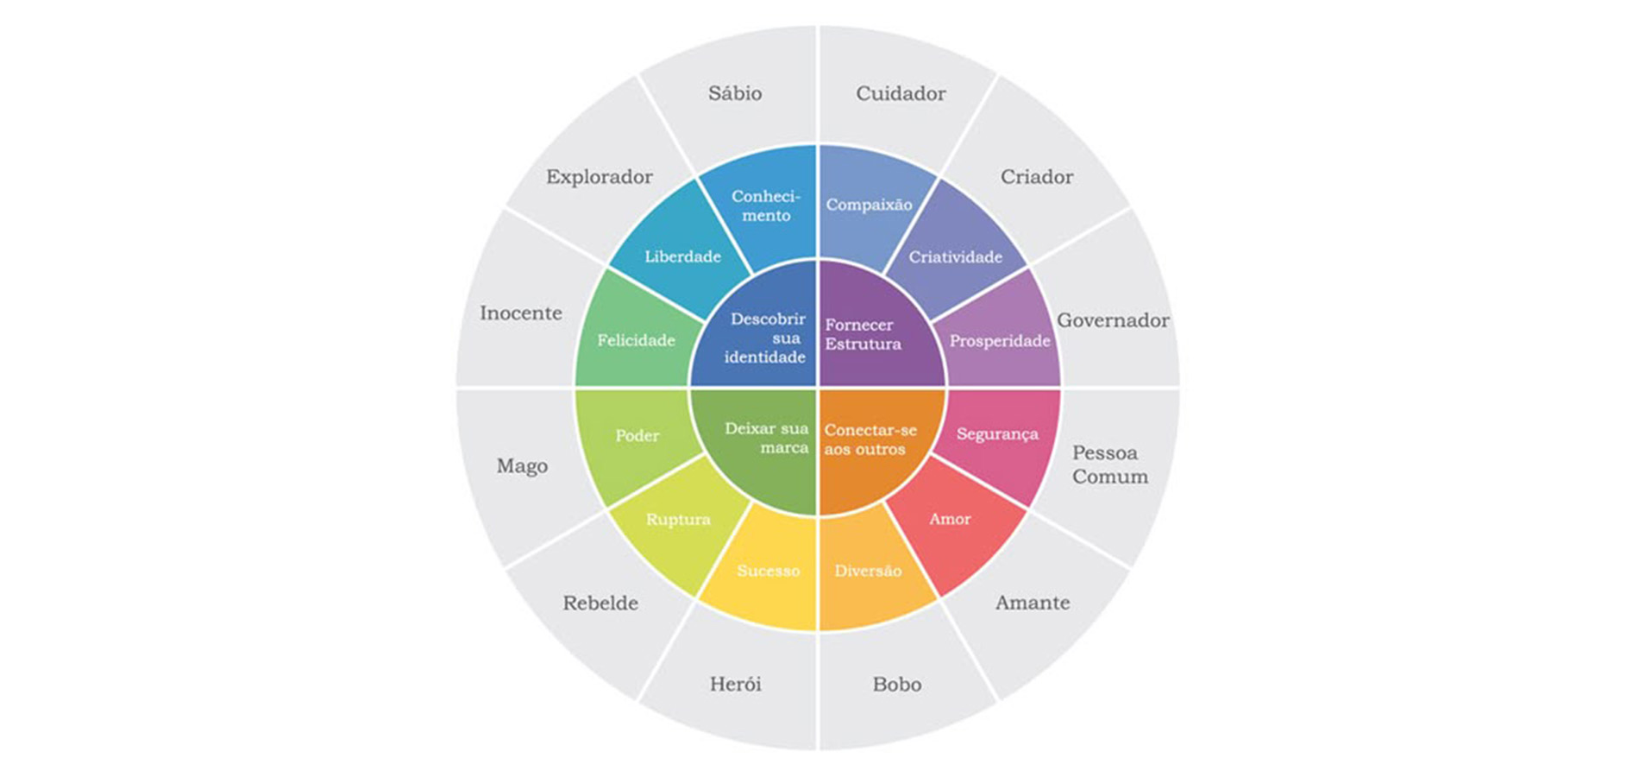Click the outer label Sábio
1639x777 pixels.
coord(735,93)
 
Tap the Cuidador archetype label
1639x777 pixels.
coord(901,93)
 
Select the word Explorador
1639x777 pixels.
coord(599,177)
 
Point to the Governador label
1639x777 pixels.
coord(1113,320)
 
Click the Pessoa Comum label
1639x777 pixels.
coord(1109,464)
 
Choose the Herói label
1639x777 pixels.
coord(735,685)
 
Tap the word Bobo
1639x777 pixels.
coord(897,685)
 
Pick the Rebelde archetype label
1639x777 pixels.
coord(600,603)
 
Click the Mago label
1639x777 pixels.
coord(522,466)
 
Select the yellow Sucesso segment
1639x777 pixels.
coord(768,571)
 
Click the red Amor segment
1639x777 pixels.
coord(950,519)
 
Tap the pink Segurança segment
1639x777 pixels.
coord(997,434)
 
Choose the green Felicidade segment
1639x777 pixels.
coord(636,340)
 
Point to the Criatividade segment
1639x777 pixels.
coord(955,256)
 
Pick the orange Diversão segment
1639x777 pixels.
coord(868,571)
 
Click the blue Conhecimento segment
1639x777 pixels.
coord(766,206)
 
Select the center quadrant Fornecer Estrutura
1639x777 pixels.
coord(871,334)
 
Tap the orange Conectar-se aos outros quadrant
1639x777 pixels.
coord(871,439)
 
